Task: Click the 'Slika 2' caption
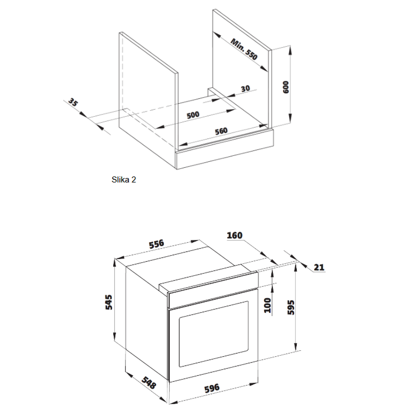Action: point(124,180)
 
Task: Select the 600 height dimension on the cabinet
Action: point(286,87)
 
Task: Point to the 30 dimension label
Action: point(245,88)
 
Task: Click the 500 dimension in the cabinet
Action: point(193,115)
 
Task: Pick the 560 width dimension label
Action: point(221,131)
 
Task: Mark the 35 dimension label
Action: point(73,102)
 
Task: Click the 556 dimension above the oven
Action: point(156,244)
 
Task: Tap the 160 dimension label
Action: point(234,235)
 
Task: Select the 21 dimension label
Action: point(319,267)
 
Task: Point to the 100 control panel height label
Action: point(268,305)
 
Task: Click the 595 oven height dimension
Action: point(291,307)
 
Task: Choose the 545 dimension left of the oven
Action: point(109,302)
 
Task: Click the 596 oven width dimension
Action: point(212,388)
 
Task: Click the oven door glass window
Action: point(213,334)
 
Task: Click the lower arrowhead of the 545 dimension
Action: point(114,336)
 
